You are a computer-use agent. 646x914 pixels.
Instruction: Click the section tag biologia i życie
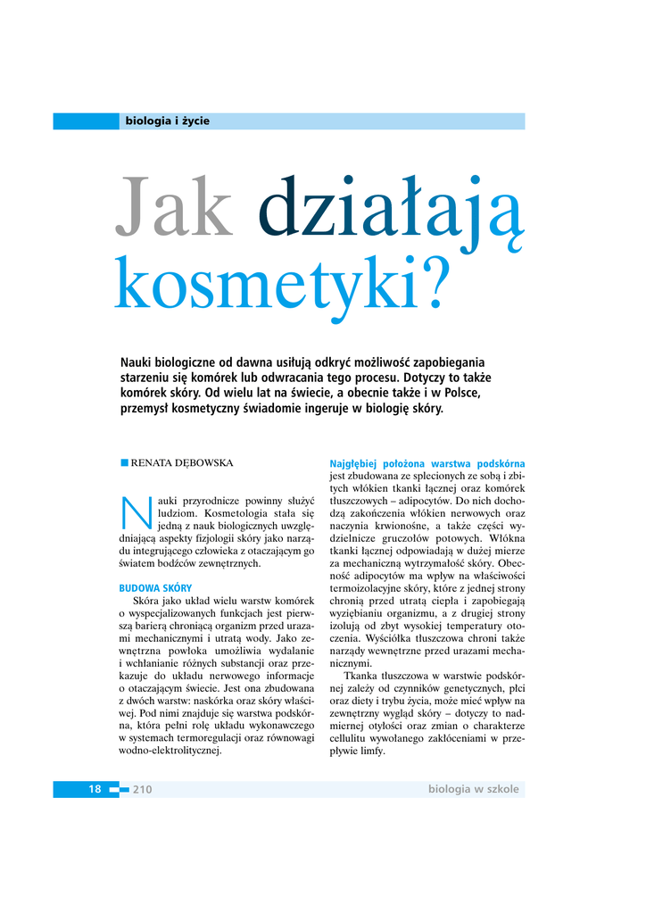168,121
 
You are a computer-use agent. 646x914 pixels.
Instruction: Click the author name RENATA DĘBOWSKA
182,463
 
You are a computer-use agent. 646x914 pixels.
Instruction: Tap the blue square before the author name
124,462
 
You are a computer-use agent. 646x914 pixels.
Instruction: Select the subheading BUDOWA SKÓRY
155,588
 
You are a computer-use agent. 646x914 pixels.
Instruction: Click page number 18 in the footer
95,789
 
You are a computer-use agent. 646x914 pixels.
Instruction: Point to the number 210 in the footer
143,789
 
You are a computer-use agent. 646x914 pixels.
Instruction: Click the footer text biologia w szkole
473,789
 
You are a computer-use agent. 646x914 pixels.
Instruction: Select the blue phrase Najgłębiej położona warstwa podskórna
427,464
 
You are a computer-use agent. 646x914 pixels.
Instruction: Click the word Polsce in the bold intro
462,393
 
